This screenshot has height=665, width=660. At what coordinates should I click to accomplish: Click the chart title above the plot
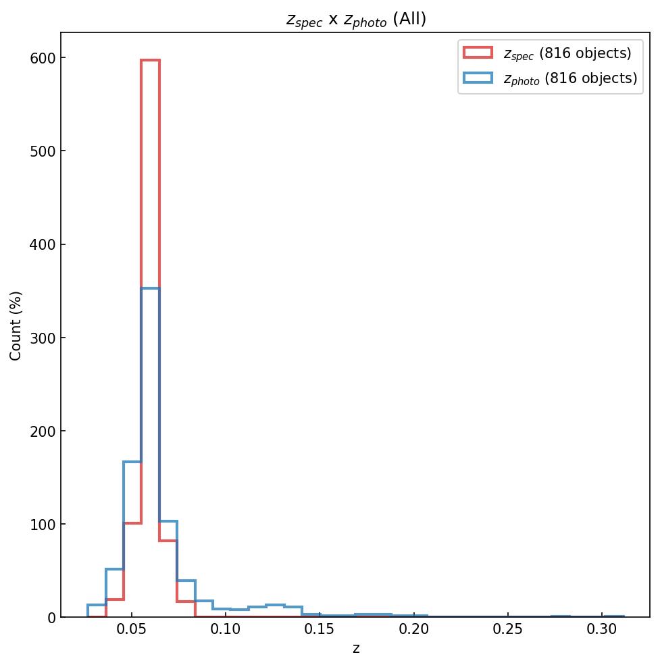[x=356, y=20]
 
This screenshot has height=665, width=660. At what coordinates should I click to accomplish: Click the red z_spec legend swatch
[x=478, y=53]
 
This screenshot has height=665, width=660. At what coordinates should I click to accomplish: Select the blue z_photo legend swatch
[x=478, y=78]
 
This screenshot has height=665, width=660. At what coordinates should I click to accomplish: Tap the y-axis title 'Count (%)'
[x=16, y=325]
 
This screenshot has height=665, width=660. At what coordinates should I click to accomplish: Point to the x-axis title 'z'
[x=356, y=649]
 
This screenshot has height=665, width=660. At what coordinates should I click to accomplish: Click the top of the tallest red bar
[x=150, y=60]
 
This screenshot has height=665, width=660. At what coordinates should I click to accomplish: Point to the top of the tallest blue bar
[x=150, y=288]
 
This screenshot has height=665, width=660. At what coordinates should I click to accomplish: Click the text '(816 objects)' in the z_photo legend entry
[x=591, y=78]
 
